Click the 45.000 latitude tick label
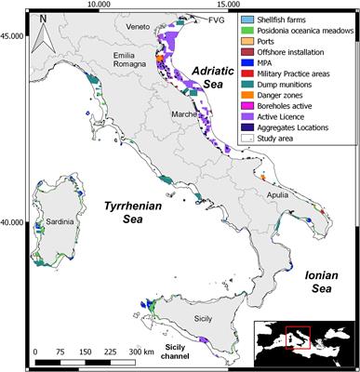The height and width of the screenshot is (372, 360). [14, 35]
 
